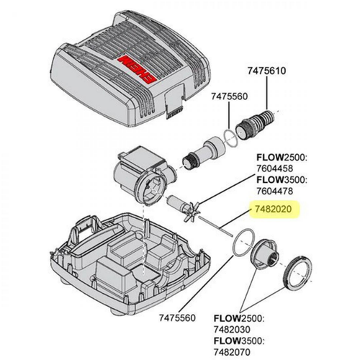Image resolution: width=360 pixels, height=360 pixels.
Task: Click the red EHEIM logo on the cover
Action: tap(138, 70)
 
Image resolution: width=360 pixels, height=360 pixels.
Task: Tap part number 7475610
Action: tap(266, 71)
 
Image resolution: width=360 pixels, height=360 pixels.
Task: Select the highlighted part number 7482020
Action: tap(273, 210)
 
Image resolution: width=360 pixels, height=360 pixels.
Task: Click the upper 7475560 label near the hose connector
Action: tap(229, 96)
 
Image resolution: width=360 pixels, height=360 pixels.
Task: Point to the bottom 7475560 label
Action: tap(177, 318)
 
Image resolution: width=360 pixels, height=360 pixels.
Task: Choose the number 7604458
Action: tap(275, 168)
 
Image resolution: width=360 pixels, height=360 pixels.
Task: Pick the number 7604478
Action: tap(275, 191)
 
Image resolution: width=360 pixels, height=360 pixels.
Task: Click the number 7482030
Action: tap(232, 330)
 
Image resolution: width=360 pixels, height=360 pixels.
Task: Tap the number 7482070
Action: tap(232, 352)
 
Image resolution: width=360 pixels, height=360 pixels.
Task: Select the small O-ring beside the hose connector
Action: tap(230, 138)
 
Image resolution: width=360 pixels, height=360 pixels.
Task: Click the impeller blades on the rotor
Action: tap(190, 211)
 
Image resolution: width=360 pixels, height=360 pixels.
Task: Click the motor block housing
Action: tap(142, 174)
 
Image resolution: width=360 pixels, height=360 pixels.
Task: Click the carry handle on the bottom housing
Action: tap(84, 231)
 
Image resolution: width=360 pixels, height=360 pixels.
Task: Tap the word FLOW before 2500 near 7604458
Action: tap(270, 158)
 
